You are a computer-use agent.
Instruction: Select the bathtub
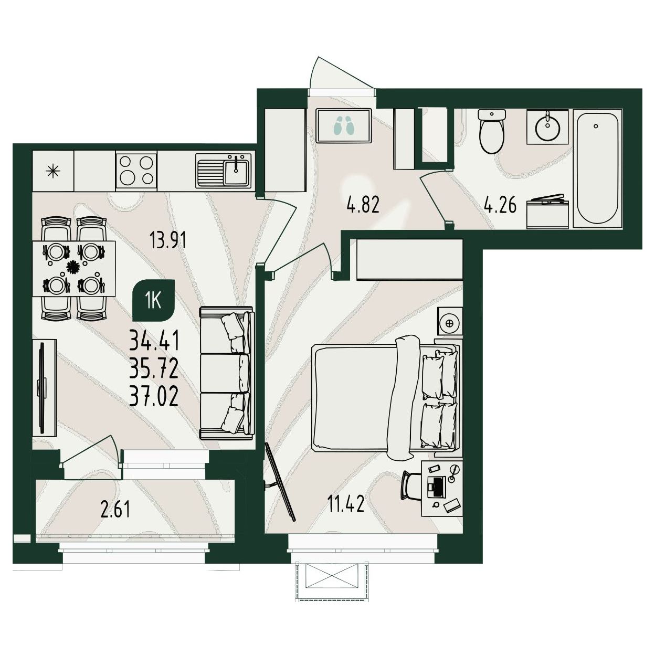click(x=598, y=168)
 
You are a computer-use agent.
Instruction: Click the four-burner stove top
click(x=136, y=170)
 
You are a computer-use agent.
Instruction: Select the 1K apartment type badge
click(x=154, y=301)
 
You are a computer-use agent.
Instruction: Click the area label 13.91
click(x=168, y=241)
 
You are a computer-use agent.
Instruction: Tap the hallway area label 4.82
click(x=363, y=205)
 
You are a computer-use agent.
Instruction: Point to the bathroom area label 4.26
click(x=500, y=205)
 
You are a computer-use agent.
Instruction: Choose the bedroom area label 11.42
click(x=346, y=504)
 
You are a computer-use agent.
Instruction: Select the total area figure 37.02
click(x=154, y=397)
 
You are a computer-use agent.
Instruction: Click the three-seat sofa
click(x=227, y=373)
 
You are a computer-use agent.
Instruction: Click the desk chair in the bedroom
click(x=411, y=485)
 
